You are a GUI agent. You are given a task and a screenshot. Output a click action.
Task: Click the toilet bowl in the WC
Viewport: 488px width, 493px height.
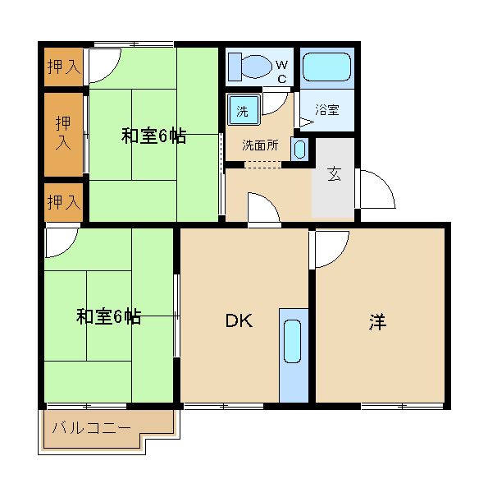click(257, 67)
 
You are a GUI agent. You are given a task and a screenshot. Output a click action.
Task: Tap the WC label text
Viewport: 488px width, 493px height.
click(282, 72)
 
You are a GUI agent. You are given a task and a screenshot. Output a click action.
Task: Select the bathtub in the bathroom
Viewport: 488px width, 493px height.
click(326, 67)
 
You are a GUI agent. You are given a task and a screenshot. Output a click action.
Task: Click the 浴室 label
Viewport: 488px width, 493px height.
click(327, 110)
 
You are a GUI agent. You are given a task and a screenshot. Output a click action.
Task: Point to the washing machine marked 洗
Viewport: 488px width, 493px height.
click(244, 110)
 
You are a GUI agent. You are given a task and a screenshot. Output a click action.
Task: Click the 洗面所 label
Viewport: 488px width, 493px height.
click(260, 145)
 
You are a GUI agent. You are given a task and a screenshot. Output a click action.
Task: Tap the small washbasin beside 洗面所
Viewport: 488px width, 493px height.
click(299, 150)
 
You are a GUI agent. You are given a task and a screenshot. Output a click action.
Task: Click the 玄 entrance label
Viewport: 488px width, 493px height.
click(334, 174)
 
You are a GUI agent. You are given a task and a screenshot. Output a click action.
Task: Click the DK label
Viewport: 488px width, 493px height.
click(239, 320)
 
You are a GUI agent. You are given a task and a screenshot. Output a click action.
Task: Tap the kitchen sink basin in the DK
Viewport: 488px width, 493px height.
click(292, 342)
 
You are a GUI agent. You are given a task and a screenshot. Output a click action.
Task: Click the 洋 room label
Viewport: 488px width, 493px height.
click(377, 322)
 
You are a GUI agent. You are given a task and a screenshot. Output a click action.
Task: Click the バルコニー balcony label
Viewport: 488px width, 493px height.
click(91, 428)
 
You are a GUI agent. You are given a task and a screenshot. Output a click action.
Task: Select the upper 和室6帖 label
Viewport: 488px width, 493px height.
click(153, 136)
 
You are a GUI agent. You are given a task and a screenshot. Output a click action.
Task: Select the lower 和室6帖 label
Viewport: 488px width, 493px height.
click(108, 316)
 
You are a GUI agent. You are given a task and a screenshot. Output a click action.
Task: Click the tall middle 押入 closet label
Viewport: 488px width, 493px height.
click(63, 132)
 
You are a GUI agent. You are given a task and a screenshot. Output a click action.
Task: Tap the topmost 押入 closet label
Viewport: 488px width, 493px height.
click(64, 67)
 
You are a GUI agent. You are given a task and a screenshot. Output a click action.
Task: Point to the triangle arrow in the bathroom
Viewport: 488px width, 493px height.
click(306, 122)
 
